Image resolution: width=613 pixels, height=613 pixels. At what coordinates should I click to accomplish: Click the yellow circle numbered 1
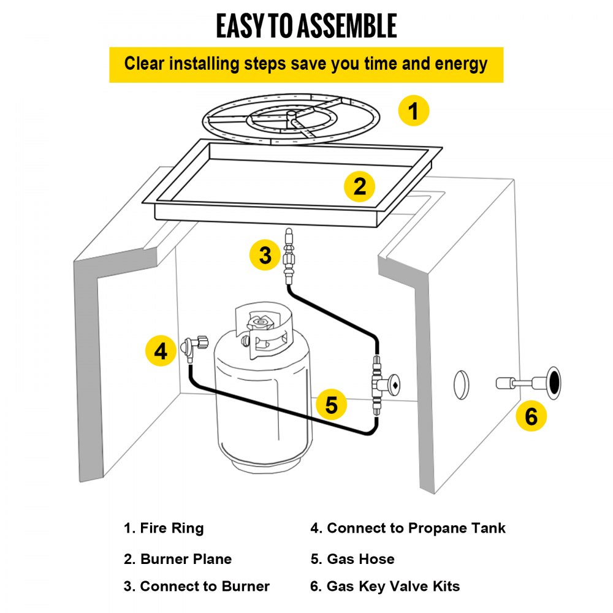[414, 112]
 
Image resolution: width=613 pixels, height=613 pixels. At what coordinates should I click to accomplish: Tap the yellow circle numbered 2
[359, 186]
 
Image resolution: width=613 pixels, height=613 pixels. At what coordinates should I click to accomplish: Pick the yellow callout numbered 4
[161, 351]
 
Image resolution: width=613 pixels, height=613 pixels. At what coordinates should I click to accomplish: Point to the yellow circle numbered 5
[331, 405]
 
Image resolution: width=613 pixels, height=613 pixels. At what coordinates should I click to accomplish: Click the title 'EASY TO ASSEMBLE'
[306, 26]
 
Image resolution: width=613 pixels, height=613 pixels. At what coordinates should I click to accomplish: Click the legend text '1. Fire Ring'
[164, 528]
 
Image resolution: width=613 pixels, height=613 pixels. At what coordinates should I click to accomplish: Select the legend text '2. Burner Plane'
[178, 559]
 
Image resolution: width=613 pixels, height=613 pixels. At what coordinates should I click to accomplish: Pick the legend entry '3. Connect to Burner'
[197, 587]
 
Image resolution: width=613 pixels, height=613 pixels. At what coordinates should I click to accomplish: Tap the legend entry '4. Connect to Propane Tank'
[408, 528]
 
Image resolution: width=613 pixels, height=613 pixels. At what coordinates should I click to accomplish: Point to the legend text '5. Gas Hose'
[352, 559]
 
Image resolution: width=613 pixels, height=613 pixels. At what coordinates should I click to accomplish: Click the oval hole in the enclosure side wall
[461, 384]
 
